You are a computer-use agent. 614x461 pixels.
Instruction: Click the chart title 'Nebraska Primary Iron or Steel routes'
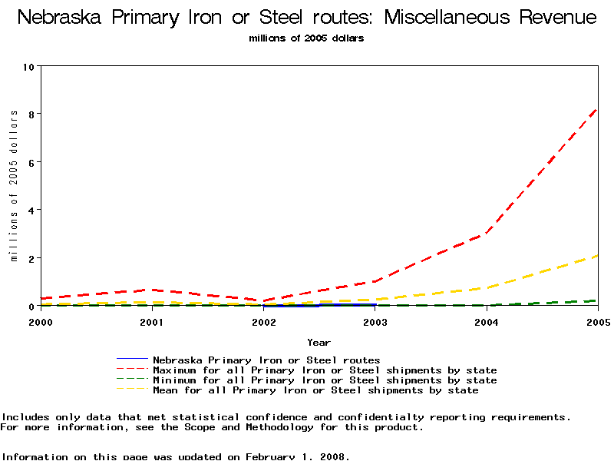[x=307, y=17]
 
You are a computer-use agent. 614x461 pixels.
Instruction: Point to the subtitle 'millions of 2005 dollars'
[x=307, y=38]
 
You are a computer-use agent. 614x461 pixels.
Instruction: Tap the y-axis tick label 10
[x=30, y=66]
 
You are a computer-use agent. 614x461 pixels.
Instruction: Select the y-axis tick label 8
[x=32, y=114]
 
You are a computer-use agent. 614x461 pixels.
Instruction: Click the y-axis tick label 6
[x=32, y=162]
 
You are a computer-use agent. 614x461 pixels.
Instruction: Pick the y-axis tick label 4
[x=32, y=210]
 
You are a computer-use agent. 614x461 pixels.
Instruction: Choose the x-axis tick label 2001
[x=152, y=323]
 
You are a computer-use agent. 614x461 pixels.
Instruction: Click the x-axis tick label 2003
[x=375, y=323]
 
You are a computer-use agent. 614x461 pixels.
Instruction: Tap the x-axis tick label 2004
[x=486, y=323]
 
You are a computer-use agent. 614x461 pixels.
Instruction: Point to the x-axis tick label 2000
[x=41, y=323]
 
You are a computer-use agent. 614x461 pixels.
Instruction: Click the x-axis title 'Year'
[x=319, y=342]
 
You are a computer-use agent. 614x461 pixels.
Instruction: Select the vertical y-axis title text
[x=14, y=185]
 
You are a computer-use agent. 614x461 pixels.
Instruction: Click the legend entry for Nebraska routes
[x=266, y=360]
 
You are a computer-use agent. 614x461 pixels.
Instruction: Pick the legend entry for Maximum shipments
[x=325, y=370]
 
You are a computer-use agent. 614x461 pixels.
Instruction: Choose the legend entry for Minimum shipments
[x=325, y=380]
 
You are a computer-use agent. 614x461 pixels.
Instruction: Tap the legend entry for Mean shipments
[x=315, y=390]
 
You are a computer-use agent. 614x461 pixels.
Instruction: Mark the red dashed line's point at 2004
[x=486, y=234]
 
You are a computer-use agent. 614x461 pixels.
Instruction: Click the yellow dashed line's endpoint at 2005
[x=597, y=256]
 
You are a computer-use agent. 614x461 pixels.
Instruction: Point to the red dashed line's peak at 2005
[x=597, y=109]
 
